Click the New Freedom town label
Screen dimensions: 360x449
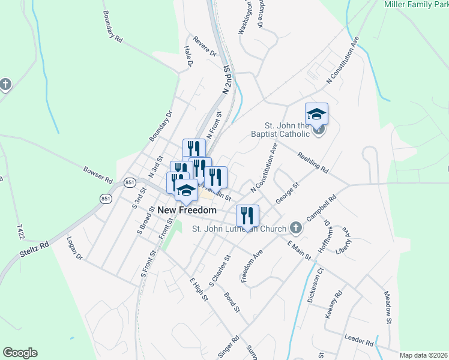[x=187, y=211]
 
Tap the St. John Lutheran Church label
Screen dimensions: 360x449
[x=238, y=228]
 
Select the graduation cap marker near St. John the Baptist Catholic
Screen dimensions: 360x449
[x=316, y=114]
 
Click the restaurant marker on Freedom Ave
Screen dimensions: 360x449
[x=247, y=215]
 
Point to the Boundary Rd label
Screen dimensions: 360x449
[x=112, y=26]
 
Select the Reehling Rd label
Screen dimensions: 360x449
[x=313, y=162]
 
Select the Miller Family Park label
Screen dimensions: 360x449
[x=416, y=4]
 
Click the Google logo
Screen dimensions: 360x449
[x=20, y=353]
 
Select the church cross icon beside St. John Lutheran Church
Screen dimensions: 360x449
[x=295, y=227]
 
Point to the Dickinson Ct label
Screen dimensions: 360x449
[x=316, y=286]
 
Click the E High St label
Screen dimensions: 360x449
[x=198, y=289]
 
